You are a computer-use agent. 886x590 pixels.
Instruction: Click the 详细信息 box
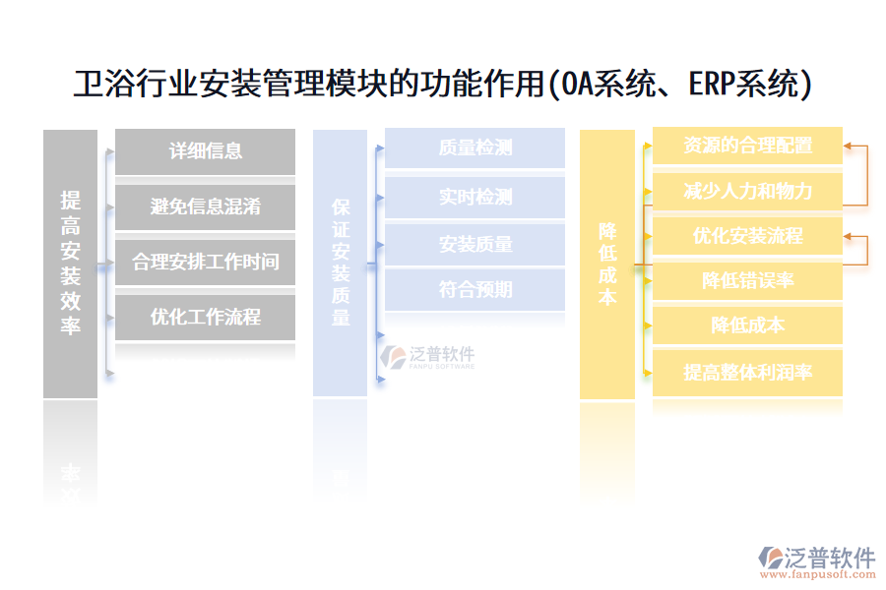pyautogui.click(x=205, y=151)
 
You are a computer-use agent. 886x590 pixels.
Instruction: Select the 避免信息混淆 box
pyautogui.click(x=205, y=206)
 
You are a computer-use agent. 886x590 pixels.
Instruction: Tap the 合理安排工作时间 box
pyautogui.click(x=205, y=262)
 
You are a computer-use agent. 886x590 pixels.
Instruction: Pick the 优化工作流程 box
pyautogui.click(x=205, y=317)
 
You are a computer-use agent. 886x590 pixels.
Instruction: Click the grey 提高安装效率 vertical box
pyautogui.click(x=70, y=264)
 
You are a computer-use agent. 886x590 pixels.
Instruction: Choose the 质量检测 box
pyautogui.click(x=475, y=148)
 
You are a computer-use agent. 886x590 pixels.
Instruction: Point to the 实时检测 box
pyautogui.click(x=475, y=197)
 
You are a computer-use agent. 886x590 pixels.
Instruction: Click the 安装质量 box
pyautogui.click(x=475, y=244)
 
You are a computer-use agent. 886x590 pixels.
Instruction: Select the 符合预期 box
pyautogui.click(x=475, y=290)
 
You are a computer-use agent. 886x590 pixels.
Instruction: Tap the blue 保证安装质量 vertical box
pyautogui.click(x=340, y=263)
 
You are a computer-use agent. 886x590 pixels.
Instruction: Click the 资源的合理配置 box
pyautogui.click(x=747, y=146)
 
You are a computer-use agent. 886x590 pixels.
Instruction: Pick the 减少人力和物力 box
pyautogui.click(x=747, y=191)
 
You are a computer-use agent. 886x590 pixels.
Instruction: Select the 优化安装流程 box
pyautogui.click(x=747, y=236)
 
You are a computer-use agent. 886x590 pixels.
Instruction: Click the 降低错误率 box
pyautogui.click(x=747, y=280)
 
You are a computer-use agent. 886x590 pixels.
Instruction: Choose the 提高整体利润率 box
pyautogui.click(x=747, y=373)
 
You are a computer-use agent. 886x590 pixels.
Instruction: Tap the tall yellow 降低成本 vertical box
pyautogui.click(x=606, y=264)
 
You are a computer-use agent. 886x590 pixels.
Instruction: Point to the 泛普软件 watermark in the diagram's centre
pyautogui.click(x=429, y=358)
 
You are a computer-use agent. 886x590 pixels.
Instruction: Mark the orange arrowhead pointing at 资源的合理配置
pyautogui.click(x=848, y=147)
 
